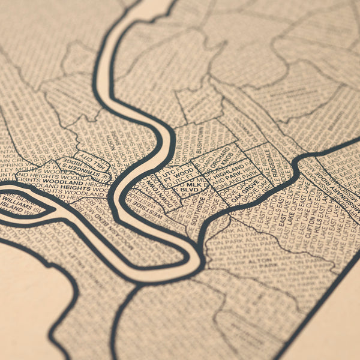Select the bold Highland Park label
230,175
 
